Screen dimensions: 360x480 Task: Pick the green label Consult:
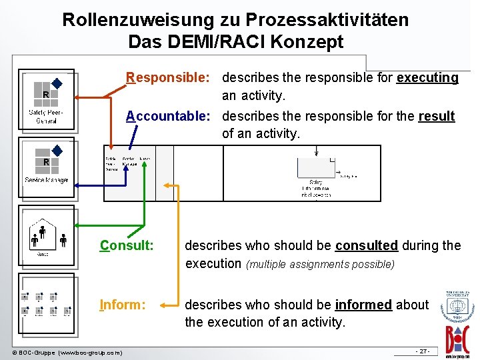click(x=127, y=246)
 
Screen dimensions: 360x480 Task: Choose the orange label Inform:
click(x=122, y=305)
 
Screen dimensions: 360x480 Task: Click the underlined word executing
click(x=427, y=78)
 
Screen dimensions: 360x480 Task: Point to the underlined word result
click(x=436, y=117)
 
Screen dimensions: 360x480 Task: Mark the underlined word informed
click(x=363, y=305)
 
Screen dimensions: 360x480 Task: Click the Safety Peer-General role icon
click(x=46, y=101)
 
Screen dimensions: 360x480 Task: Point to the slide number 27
click(x=423, y=351)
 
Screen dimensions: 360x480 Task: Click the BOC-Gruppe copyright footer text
click(x=67, y=352)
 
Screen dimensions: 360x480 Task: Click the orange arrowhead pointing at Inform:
click(x=175, y=305)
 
